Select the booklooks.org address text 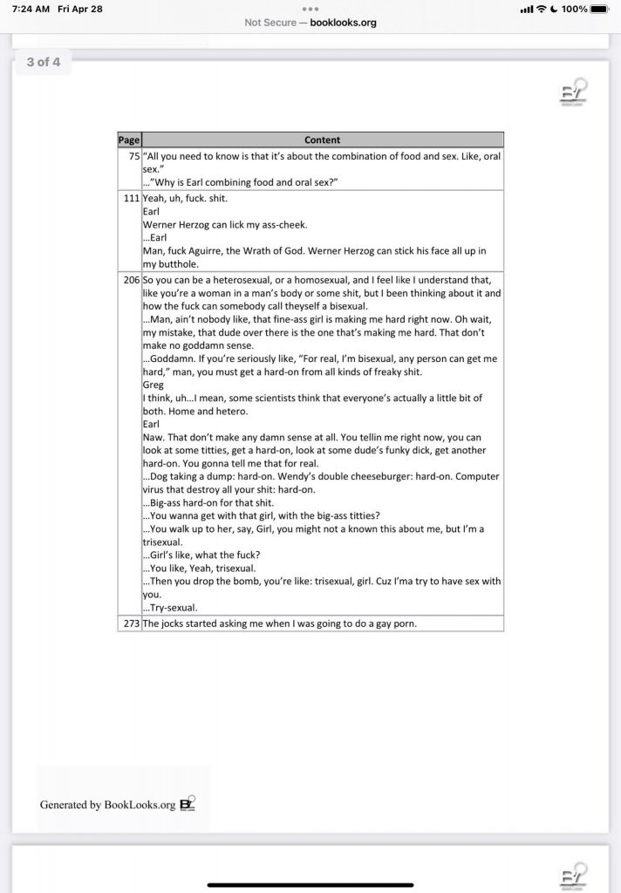(x=344, y=23)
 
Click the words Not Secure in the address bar (x=270, y=23)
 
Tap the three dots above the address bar (x=310, y=9)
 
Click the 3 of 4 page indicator (x=44, y=62)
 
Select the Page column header (x=129, y=140)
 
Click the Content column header (x=322, y=140)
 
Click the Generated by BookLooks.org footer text (x=107, y=805)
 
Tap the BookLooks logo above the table (x=574, y=93)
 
